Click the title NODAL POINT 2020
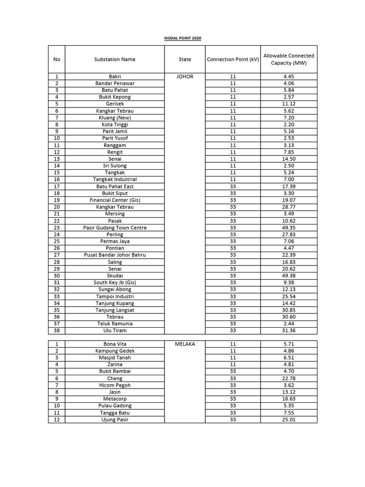(x=182, y=38)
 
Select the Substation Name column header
(x=115, y=59)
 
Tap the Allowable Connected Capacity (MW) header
(x=288, y=59)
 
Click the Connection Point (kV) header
(x=233, y=59)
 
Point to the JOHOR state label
(x=185, y=76)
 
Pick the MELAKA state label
(x=185, y=343)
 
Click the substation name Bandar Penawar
(x=115, y=83)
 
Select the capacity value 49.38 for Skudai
(x=288, y=275)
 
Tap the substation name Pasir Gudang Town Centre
(x=115, y=227)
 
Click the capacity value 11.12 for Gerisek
(x=288, y=104)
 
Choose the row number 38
(x=57, y=331)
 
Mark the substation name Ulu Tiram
(x=115, y=331)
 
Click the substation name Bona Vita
(x=115, y=343)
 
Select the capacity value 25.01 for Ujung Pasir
(x=288, y=419)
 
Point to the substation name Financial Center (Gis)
(x=115, y=200)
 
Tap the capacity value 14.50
(x=288, y=159)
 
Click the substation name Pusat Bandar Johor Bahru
(x=115, y=255)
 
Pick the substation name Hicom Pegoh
(x=115, y=385)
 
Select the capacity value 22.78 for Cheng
(x=288, y=379)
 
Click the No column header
(x=57, y=59)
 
